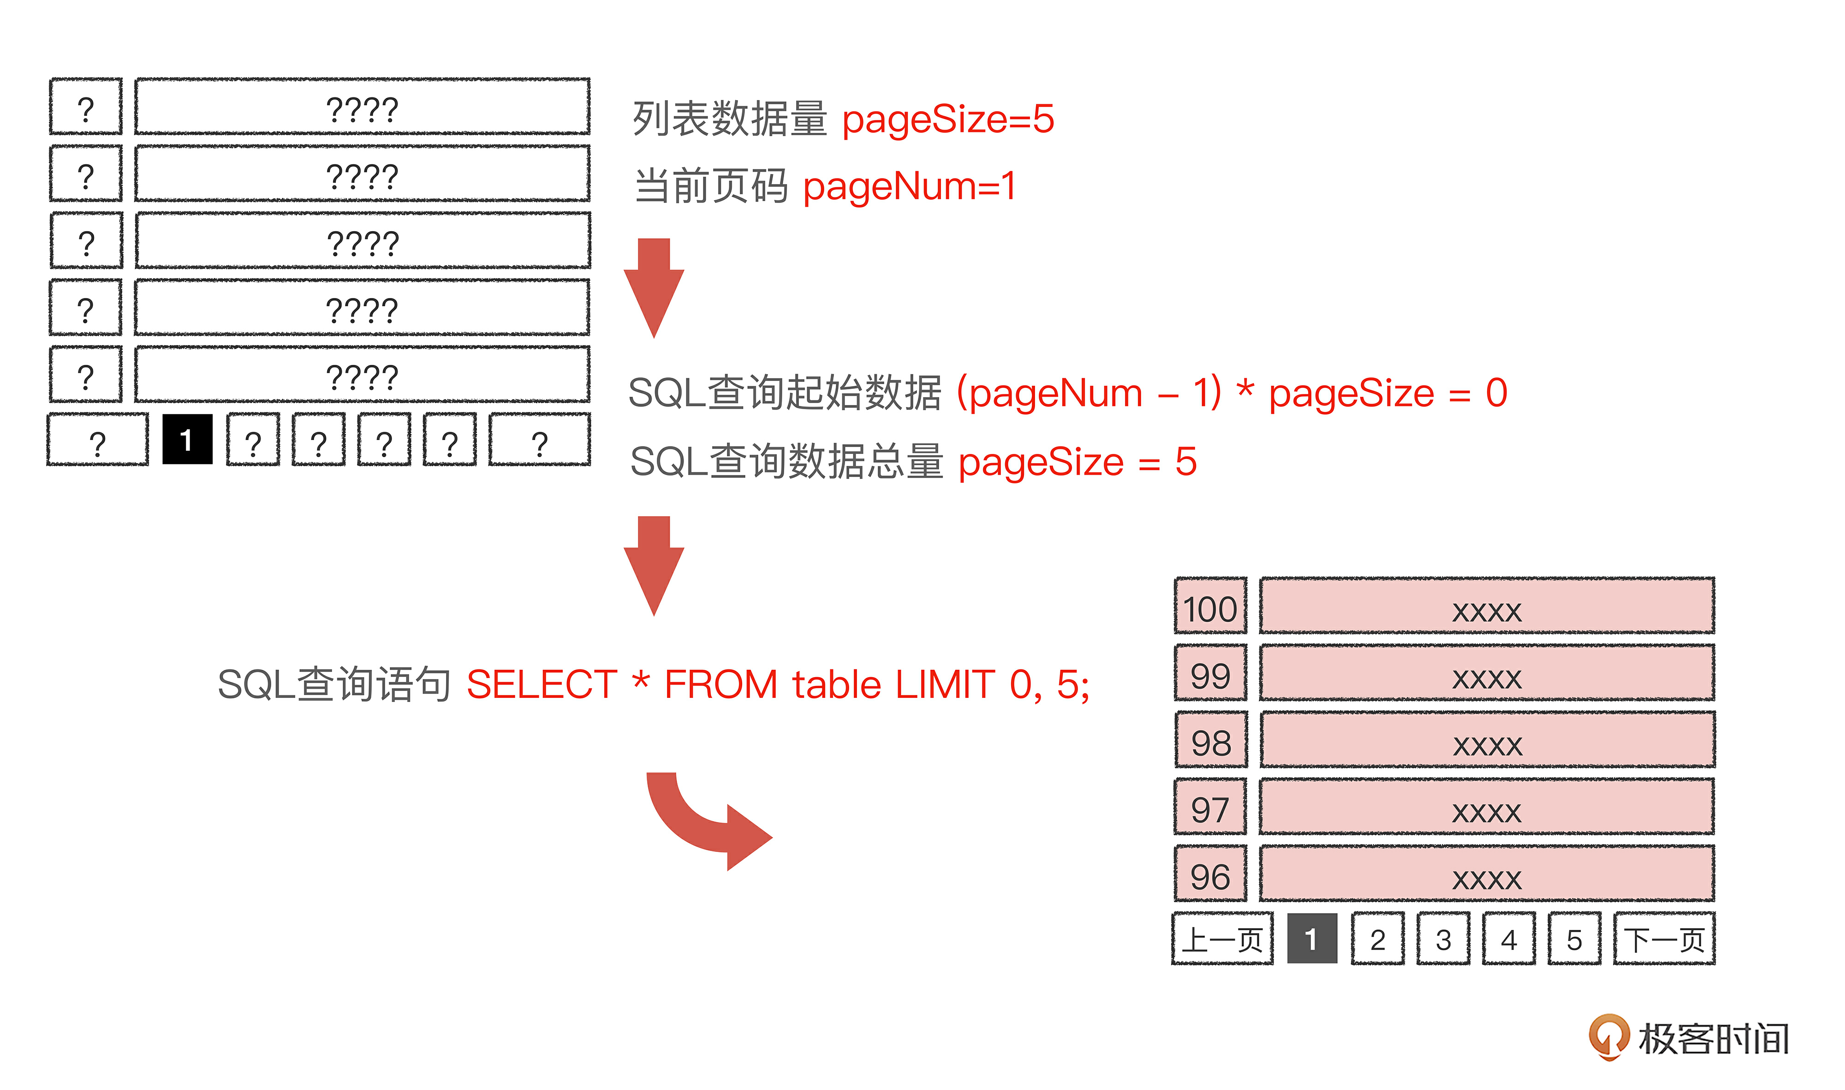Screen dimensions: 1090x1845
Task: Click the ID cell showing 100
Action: click(x=1210, y=606)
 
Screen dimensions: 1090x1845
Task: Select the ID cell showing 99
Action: click(x=1210, y=673)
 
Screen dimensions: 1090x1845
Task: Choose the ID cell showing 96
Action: click(x=1210, y=874)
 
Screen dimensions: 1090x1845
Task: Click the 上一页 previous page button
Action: click(x=1223, y=939)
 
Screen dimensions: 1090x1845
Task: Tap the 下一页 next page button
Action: click(x=1664, y=939)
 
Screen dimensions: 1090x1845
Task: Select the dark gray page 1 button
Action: click(x=1312, y=939)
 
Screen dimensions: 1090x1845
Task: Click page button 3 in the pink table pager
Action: click(x=1443, y=939)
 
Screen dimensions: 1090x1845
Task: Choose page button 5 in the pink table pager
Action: click(x=1574, y=939)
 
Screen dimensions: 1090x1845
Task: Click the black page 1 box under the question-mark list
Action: click(x=187, y=439)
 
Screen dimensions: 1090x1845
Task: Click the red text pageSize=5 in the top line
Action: click(x=947, y=119)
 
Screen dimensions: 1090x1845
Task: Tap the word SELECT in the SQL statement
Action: click(x=542, y=685)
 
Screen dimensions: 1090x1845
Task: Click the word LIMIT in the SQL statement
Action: click(x=945, y=685)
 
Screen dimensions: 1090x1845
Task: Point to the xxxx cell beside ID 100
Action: click(x=1487, y=606)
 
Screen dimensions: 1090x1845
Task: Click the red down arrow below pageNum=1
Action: click(x=654, y=288)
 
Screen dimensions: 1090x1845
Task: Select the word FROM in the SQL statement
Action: click(x=720, y=685)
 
